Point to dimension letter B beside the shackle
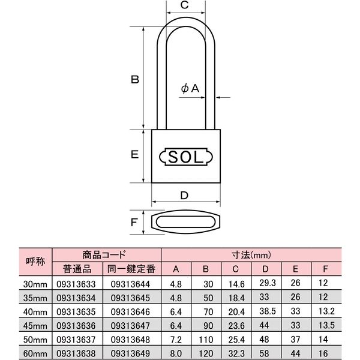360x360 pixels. click(136, 79)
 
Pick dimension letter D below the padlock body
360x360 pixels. click(185, 194)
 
